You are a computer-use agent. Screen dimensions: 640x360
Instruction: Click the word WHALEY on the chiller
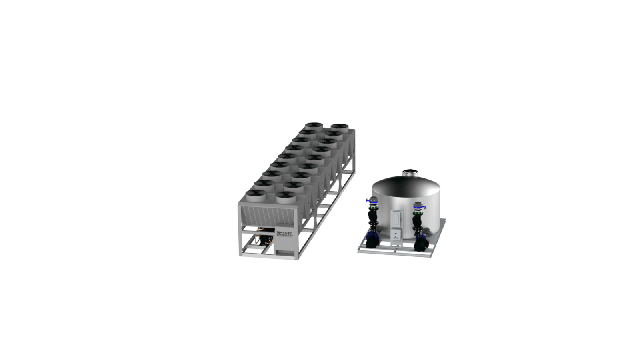(286, 232)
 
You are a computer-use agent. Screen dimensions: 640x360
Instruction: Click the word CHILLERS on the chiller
(286, 235)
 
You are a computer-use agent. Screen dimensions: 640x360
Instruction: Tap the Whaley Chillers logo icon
(278, 234)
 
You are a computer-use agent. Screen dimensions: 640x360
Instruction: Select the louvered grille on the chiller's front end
(268, 216)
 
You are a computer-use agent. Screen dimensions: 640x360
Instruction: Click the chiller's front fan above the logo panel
(286, 197)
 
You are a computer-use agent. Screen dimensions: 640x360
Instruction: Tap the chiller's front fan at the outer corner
(256, 196)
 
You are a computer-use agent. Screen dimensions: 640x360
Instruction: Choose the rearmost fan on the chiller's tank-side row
(340, 128)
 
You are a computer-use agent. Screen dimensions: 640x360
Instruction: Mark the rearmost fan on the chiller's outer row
(314, 126)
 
